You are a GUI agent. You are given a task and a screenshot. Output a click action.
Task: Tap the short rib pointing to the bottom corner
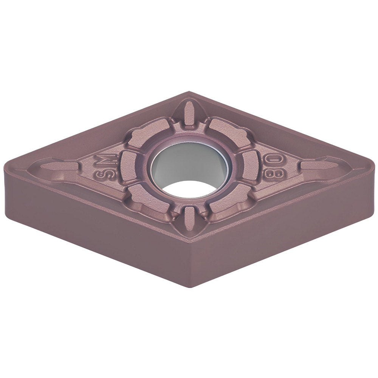tap(189, 219)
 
